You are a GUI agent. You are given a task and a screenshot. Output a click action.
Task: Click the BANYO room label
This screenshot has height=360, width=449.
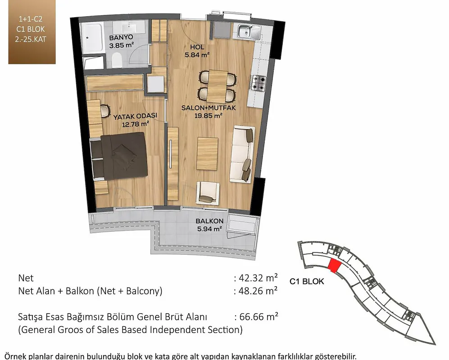click(121, 37)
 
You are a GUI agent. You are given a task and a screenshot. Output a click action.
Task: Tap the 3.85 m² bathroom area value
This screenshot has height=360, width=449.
click(122, 45)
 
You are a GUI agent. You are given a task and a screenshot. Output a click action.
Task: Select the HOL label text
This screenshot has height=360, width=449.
click(197, 47)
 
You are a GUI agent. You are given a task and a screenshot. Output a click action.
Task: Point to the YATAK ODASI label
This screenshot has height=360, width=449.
click(135, 117)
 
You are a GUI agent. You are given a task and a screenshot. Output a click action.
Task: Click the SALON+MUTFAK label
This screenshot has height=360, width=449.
click(209, 108)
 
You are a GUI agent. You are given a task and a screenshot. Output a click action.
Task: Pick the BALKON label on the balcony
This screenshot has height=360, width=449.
click(209, 221)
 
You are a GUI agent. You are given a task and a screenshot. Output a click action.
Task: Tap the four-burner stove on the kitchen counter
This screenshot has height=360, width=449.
click(259, 83)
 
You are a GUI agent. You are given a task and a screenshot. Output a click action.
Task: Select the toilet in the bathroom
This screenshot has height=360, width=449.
click(117, 59)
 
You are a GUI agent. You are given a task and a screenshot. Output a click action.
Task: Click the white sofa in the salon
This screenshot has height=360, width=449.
click(242, 154)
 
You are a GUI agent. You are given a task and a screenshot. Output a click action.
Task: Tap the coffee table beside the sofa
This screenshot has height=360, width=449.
click(207, 153)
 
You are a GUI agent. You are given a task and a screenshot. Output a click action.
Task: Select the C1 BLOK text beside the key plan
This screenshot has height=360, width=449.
click(307, 281)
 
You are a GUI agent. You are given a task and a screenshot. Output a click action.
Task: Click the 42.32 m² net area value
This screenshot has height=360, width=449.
click(258, 278)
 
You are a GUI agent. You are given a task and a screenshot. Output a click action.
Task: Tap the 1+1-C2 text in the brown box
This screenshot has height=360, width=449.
click(30, 19)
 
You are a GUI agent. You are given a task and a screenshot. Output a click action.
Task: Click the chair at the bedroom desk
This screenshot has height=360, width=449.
click(106, 110)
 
